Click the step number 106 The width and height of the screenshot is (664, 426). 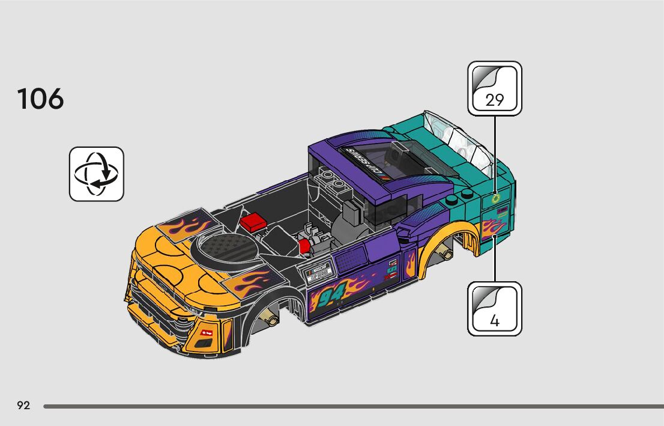point(41,99)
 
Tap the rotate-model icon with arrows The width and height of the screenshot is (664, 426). point(96,174)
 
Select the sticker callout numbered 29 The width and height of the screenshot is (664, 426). point(495,88)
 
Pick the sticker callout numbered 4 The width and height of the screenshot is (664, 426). point(495,308)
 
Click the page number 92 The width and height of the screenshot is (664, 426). point(23,406)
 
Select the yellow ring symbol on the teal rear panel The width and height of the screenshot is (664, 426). point(495,198)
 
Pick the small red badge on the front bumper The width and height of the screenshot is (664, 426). point(208,332)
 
